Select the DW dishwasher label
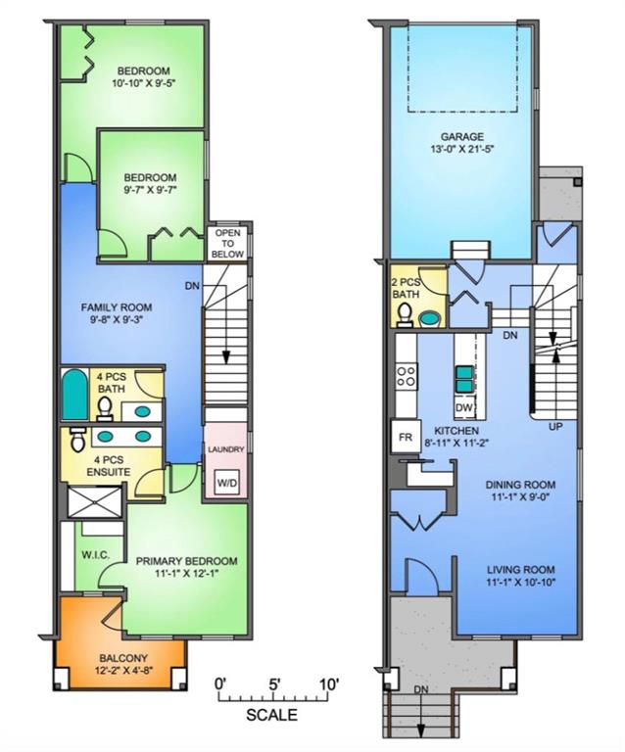coord(466,407)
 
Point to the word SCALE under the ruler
coord(271,715)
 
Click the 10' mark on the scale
coord(328,682)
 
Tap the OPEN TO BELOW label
coord(228,243)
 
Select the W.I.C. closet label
coord(95,555)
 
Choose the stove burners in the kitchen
coord(406,376)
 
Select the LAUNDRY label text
coord(225,450)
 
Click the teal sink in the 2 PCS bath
coord(429,318)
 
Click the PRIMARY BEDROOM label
coord(181,562)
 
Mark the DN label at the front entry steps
coord(422,690)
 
